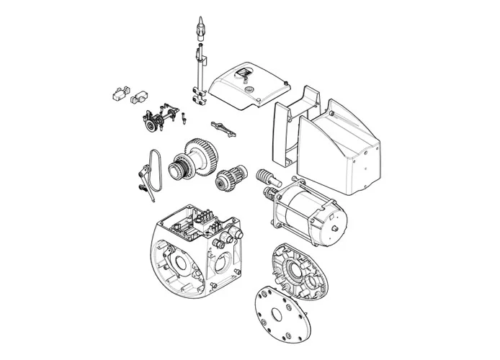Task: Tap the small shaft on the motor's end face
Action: [336, 229]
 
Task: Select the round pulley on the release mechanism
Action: [150, 127]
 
